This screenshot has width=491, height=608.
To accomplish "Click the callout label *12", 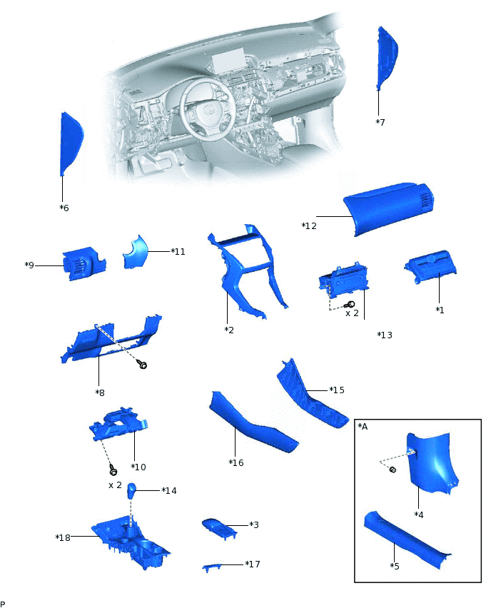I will (309, 226).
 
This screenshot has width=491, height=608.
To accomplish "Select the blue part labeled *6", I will (71, 143).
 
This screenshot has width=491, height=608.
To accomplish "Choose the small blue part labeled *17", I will (221, 566).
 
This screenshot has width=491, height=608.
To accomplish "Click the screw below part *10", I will (113, 470).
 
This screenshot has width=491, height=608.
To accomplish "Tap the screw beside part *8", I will (143, 365).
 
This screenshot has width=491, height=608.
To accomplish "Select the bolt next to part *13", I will (351, 305).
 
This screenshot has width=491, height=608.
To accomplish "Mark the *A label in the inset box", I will (363, 426).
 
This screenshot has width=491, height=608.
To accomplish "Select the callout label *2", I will (229, 330).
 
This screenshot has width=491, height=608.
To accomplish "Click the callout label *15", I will (337, 390).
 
